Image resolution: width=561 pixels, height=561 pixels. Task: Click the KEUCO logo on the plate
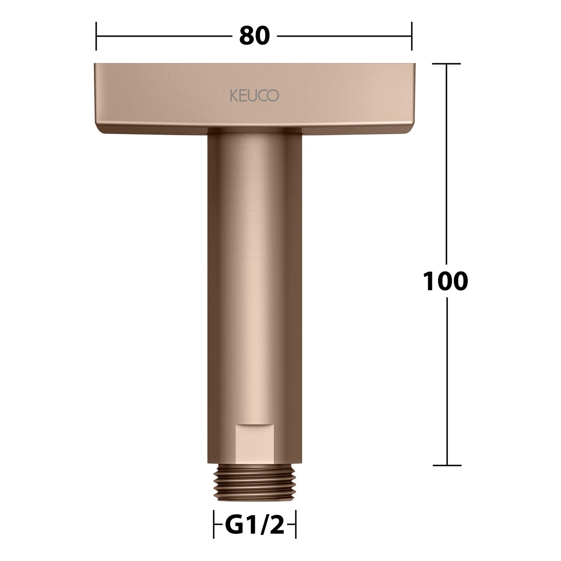coord(254,95)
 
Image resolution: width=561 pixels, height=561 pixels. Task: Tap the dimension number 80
coord(254,36)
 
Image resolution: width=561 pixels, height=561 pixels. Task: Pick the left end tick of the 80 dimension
coord(96,36)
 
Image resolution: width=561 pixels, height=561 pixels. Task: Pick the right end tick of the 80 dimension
coord(412,36)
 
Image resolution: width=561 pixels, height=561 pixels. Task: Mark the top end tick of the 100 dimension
coord(446,64)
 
